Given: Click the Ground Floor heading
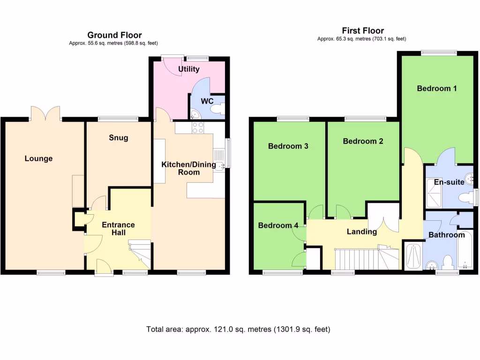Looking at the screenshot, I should point(114,35).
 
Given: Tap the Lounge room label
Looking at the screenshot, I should point(38,158).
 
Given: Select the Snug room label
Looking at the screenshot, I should point(118,138).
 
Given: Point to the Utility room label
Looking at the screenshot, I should point(188,69).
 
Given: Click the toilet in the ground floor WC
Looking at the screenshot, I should point(217,109).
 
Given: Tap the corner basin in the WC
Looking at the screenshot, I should point(194,113).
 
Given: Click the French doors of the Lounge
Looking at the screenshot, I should point(46,114).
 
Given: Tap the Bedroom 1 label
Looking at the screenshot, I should point(437,88).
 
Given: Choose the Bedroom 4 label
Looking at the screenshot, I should point(278,225).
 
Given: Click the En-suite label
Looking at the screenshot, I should point(449,182).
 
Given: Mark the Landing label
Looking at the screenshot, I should point(361,232).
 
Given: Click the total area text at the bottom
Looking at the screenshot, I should point(238,329).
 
